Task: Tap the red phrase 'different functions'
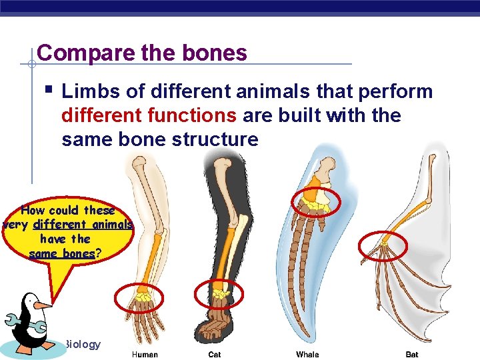coord(149,115)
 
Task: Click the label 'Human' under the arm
coord(145,354)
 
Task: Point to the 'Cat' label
coord(214,354)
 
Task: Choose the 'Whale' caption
coord(307,354)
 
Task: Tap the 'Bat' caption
coord(412,354)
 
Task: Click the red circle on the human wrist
coord(139,297)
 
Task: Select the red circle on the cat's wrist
coord(219,294)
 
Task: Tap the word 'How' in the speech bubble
coord(33,211)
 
